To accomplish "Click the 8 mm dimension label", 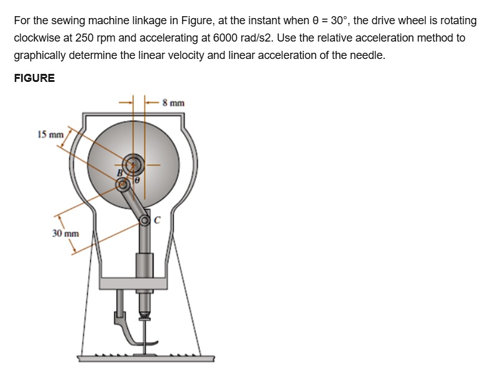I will [x=173, y=103].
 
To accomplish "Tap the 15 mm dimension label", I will [x=50, y=134].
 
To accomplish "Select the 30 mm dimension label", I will [x=65, y=233].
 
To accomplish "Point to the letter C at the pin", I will [x=157, y=218].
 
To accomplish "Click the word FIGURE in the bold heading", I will [x=34, y=78].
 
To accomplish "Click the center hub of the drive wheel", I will [x=132, y=165].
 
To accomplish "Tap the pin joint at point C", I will [x=146, y=219].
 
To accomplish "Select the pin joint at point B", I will [x=124, y=184].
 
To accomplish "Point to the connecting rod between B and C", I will [x=135, y=202].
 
